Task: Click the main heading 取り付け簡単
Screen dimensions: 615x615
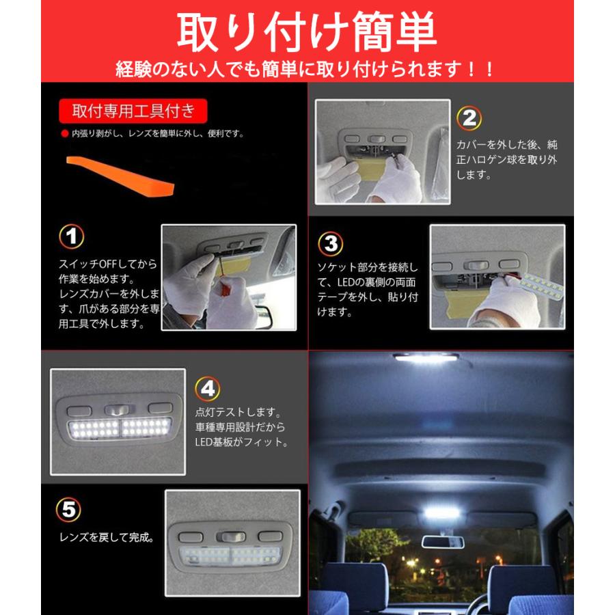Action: (x=306, y=31)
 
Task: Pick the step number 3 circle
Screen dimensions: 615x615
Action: (x=331, y=243)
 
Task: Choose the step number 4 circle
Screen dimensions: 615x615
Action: (x=208, y=389)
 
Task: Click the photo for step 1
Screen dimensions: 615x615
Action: (x=229, y=277)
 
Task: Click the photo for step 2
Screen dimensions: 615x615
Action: (x=383, y=152)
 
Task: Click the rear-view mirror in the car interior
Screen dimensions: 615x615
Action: (x=442, y=541)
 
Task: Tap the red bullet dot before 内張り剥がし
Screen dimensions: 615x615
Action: (x=65, y=134)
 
